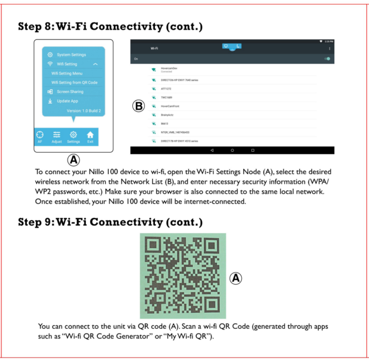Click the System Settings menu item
tap(71, 55)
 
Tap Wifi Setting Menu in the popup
tap(67, 74)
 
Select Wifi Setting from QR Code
tap(74, 82)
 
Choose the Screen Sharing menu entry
tap(70, 92)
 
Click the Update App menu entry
tap(67, 101)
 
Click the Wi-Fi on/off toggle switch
tap(327, 59)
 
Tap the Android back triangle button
tap(212, 150)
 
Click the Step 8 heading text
tap(110, 27)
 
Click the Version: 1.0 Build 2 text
tap(84, 111)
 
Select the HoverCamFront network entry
tap(170, 106)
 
